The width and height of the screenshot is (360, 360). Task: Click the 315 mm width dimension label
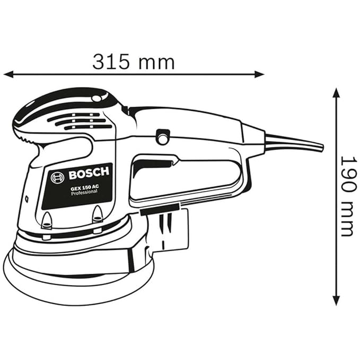coord(134,62)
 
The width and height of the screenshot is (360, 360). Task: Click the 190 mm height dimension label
coord(346,197)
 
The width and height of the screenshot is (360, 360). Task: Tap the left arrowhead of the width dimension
coord(8,74)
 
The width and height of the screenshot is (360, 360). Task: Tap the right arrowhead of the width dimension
coord(259,74)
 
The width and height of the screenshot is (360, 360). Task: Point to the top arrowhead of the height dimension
coord(336,93)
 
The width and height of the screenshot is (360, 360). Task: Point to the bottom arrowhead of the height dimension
coord(336,300)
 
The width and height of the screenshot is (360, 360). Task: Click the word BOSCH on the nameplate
coord(89,173)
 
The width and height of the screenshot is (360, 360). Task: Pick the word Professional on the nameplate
coord(84,192)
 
